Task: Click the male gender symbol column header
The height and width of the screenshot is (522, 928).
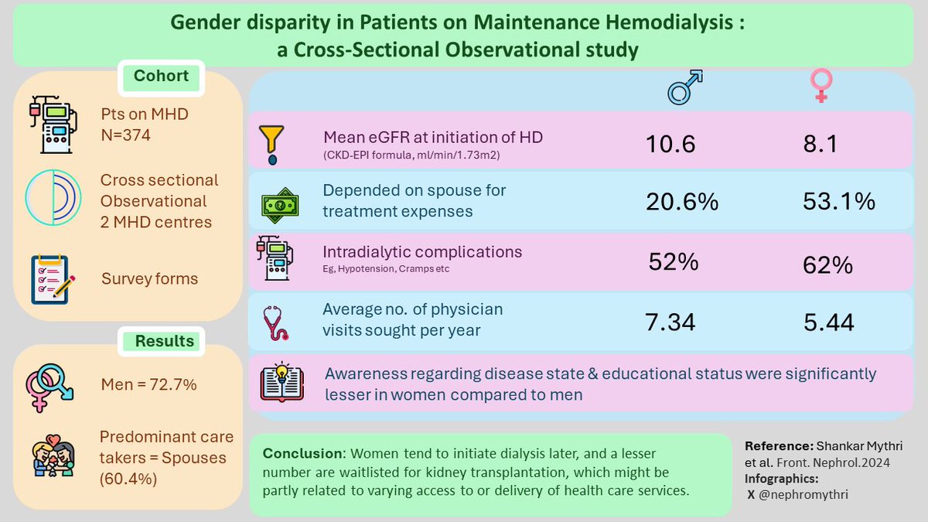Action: (684, 87)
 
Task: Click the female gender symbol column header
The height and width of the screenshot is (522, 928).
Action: (821, 87)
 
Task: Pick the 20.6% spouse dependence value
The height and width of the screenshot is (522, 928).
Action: (682, 202)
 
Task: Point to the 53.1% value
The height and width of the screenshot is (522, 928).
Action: (839, 202)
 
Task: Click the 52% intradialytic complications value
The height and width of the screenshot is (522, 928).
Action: (674, 262)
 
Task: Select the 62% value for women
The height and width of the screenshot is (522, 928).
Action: (827, 266)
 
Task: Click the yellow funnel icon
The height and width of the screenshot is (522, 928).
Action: (271, 144)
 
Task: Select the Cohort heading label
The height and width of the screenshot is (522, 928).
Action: (161, 77)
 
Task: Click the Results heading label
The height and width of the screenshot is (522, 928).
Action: (165, 341)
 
